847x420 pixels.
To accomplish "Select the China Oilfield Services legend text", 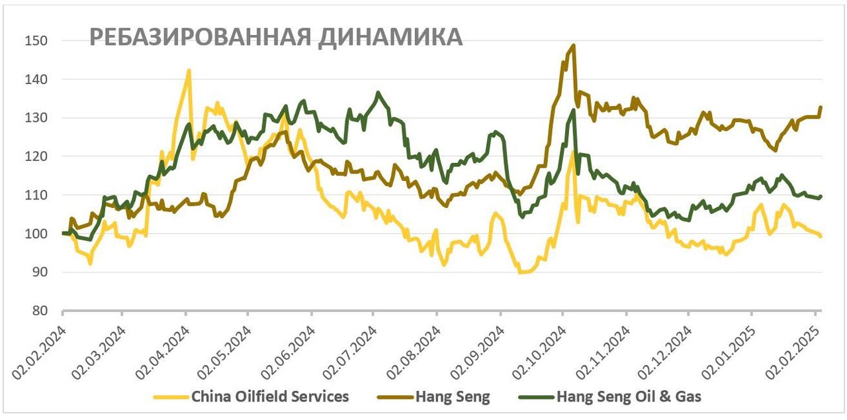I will pos(270,397).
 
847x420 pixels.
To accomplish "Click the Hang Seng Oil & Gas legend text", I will pos(629,397).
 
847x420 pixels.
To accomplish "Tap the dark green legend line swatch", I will pos(536,397).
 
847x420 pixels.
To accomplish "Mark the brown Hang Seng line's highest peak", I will pos(573,46).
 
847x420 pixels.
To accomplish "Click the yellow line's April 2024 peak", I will pos(189,70).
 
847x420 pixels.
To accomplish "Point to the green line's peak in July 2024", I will pos(378,93).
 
